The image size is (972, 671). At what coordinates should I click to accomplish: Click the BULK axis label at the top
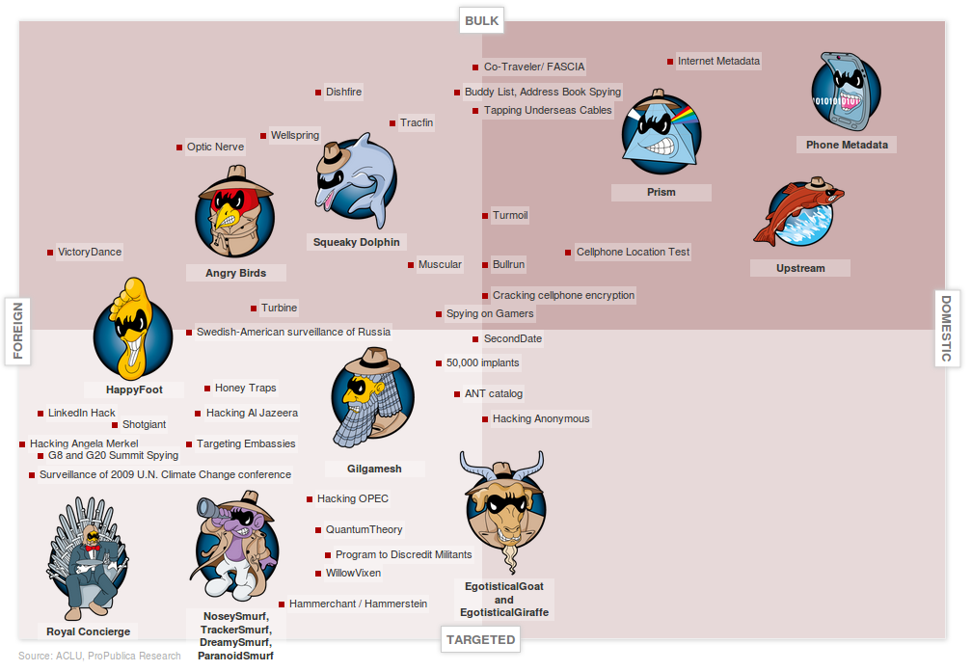(481, 20)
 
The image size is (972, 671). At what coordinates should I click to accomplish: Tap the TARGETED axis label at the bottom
(480, 639)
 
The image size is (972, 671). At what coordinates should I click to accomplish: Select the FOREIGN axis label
(18, 331)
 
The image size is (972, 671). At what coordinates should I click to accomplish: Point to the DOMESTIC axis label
(946, 329)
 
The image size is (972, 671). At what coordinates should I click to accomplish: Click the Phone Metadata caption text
(847, 145)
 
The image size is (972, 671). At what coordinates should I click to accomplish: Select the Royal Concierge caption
(88, 631)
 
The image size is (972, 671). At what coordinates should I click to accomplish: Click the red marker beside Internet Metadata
(670, 62)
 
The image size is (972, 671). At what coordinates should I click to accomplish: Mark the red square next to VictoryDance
(50, 253)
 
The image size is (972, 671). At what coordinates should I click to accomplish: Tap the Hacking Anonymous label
(541, 419)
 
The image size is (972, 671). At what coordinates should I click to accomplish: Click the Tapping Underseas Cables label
(548, 111)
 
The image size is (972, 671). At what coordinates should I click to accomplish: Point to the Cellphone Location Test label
(633, 253)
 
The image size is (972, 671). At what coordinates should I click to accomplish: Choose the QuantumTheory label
(364, 530)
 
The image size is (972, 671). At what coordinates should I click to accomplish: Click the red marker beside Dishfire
(318, 93)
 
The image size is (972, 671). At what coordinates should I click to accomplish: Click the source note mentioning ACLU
(99, 657)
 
